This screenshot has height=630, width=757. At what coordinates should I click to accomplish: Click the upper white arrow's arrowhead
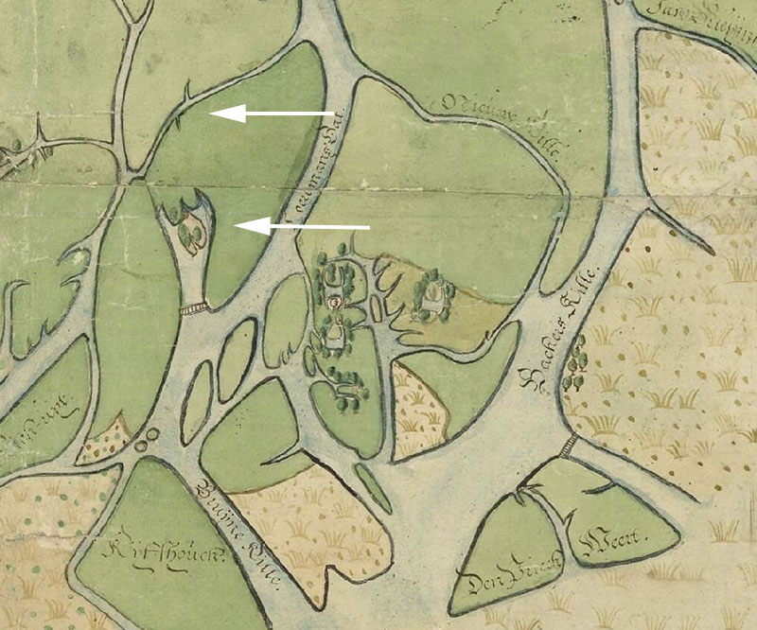point(220,114)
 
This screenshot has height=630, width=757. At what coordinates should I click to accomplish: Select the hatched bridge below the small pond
point(193,308)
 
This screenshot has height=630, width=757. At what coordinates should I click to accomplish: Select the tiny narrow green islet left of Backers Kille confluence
point(372,487)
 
